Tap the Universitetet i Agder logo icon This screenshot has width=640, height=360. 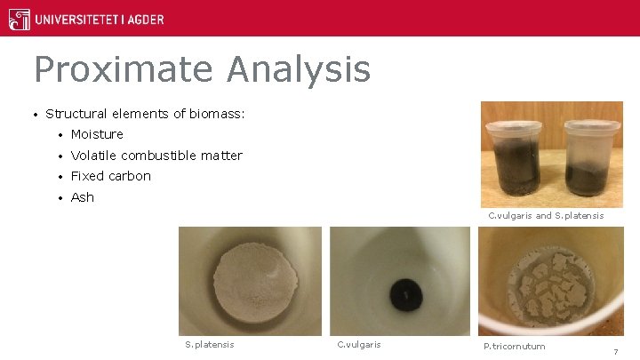click(x=19, y=18)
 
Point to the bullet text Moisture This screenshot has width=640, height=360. click(x=97, y=134)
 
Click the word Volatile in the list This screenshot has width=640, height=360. click(x=93, y=156)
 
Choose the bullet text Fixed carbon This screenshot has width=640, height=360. click(x=110, y=176)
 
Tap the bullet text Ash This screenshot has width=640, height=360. click(x=82, y=197)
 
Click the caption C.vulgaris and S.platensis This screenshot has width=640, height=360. click(x=546, y=216)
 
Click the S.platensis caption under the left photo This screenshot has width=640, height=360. click(x=209, y=345)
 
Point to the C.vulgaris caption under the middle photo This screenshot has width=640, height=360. click(x=359, y=345)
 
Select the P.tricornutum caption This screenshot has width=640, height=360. click(x=514, y=346)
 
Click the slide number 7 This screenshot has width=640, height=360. click(x=615, y=352)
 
